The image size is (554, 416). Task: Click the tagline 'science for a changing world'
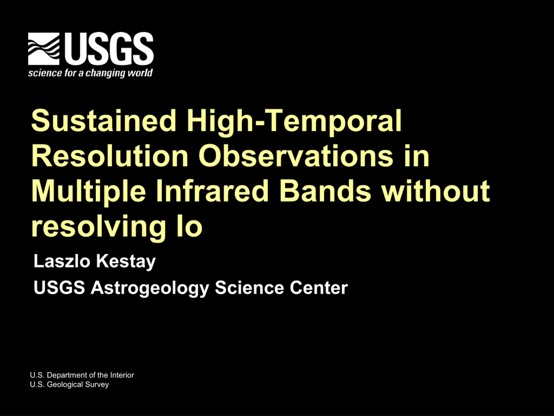point(90,73)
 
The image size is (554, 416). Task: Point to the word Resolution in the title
point(110,156)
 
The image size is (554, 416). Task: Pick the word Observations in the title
point(296,156)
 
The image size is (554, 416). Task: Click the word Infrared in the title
point(212,191)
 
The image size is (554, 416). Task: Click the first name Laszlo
point(62,261)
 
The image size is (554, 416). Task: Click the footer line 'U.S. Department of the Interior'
point(82,375)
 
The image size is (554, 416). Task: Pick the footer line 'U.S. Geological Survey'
point(69,385)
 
